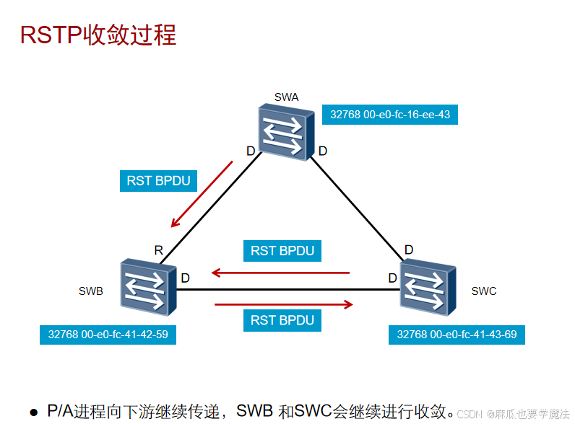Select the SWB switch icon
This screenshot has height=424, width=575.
pyautogui.click(x=149, y=288)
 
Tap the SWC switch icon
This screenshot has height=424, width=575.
pyautogui.click(x=428, y=288)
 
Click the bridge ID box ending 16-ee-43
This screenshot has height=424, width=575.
pyautogui.click(x=390, y=114)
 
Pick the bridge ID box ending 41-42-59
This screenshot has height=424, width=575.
pyautogui.click(x=108, y=335)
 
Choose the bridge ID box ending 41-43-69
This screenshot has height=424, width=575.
pyautogui.click(x=457, y=335)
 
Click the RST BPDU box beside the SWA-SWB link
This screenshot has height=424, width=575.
pyautogui.click(x=158, y=180)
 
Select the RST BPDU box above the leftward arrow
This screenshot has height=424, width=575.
pyautogui.click(x=282, y=251)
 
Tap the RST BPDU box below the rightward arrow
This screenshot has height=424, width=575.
pyautogui.click(x=282, y=319)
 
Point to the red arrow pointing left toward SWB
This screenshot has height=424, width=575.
pyautogui.click(x=280, y=273)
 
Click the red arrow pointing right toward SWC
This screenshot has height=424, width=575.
pyautogui.click(x=284, y=304)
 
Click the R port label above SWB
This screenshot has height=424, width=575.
pyautogui.click(x=158, y=251)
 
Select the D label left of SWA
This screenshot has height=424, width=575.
pyautogui.click(x=251, y=151)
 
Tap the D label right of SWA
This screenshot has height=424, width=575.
pyautogui.click(x=323, y=151)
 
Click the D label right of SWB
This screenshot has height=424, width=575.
pyautogui.click(x=185, y=278)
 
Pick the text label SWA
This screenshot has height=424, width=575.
pyautogui.click(x=287, y=97)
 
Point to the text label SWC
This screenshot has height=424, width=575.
pyautogui.click(x=483, y=291)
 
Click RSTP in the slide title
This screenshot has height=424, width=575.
pyautogui.click(x=51, y=35)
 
